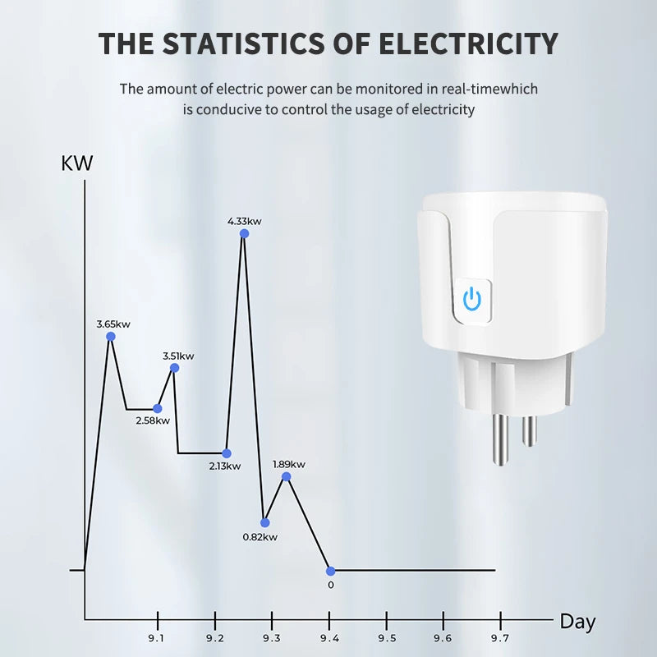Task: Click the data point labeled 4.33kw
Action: (244, 234)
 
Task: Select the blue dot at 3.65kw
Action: (111, 336)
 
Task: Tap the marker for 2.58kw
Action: (158, 408)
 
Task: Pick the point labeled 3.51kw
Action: (174, 368)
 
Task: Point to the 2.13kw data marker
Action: (227, 453)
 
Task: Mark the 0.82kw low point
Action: (264, 522)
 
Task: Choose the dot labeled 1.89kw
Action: (286, 476)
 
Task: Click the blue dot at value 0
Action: (330, 571)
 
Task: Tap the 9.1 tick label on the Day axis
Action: (156, 637)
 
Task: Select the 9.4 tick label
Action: (328, 637)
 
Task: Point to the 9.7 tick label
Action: (499, 637)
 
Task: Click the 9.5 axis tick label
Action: (386, 637)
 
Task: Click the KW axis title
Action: (77, 163)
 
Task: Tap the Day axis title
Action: (577, 622)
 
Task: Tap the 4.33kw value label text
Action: (245, 221)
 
